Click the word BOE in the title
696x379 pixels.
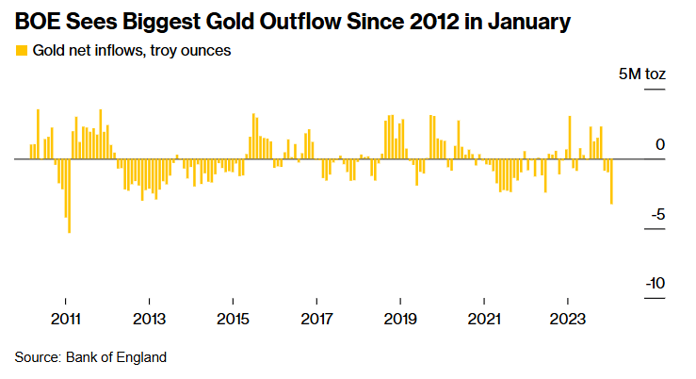[37, 20]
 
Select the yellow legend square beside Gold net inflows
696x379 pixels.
[21, 50]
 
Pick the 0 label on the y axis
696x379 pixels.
[660, 144]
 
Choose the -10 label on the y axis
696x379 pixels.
[655, 284]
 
